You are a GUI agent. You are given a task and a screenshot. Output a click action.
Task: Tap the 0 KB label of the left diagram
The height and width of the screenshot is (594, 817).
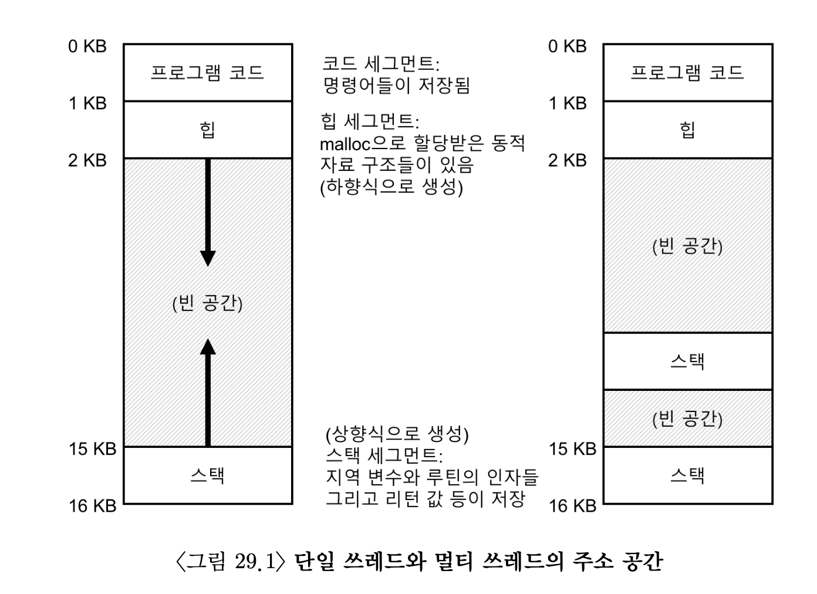[x=87, y=46]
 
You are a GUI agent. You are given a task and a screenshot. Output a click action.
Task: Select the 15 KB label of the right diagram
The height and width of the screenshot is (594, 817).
[x=572, y=449]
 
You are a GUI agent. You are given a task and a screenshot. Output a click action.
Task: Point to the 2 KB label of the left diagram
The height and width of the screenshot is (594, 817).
[x=87, y=160]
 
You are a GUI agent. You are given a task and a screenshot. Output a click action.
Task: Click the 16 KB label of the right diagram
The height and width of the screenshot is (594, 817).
[x=572, y=505]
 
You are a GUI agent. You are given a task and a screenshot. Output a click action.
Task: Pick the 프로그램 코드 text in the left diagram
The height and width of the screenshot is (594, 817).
[x=207, y=73]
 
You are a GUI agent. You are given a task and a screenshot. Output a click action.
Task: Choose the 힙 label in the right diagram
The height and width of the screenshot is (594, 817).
[x=687, y=129]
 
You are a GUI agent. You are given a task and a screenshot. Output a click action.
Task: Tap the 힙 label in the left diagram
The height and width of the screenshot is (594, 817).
[x=207, y=129]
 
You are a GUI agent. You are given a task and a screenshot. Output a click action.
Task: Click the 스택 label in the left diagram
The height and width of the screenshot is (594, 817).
[x=207, y=475]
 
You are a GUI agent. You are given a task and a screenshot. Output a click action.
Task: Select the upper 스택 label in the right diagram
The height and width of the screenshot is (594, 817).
[x=687, y=360]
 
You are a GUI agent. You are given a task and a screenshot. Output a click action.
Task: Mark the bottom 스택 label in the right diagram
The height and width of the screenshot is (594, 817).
[x=687, y=475]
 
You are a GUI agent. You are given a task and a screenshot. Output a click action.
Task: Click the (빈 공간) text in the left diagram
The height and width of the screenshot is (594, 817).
[x=207, y=303]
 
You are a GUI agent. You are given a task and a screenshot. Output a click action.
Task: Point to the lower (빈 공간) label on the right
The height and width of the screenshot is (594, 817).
[x=687, y=418]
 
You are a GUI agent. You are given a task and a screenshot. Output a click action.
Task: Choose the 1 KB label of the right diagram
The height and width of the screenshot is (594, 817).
[x=568, y=103]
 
